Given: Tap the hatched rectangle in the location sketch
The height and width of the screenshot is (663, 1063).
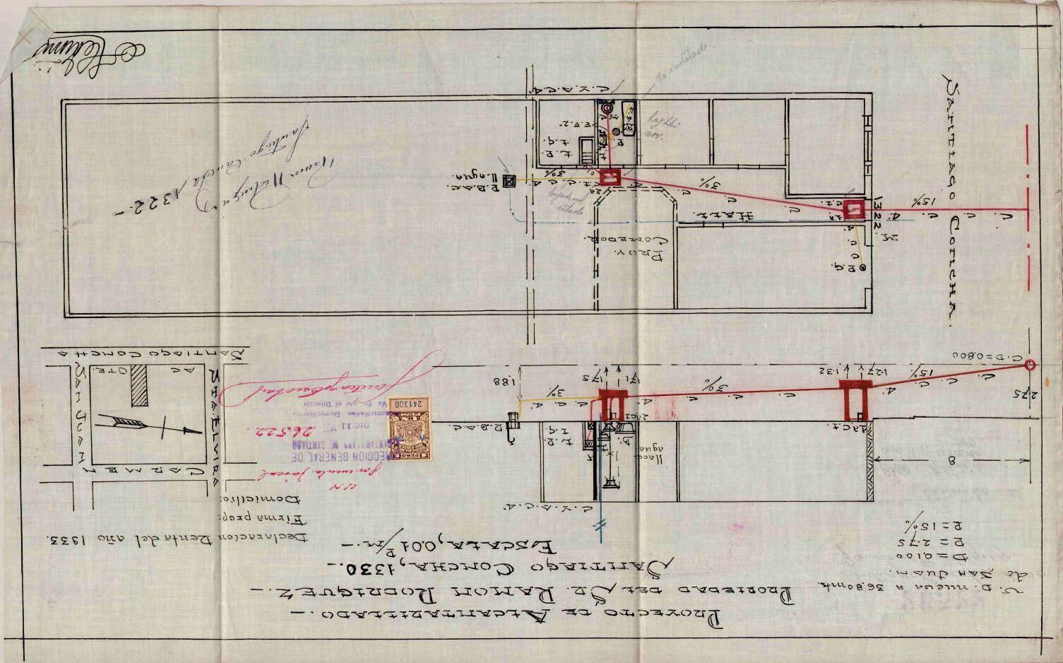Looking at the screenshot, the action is [x=140, y=385].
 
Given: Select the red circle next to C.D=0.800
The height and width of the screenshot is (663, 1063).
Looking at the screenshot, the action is [x=1030, y=365].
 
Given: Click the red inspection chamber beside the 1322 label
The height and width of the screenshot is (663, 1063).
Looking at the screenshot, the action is [x=853, y=209].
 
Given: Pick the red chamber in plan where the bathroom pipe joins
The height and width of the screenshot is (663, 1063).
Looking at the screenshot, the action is [x=610, y=177].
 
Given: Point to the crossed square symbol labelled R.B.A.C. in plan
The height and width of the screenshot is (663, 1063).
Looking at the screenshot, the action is [x=509, y=182].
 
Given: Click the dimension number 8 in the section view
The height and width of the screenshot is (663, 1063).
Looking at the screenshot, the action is [x=951, y=462].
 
